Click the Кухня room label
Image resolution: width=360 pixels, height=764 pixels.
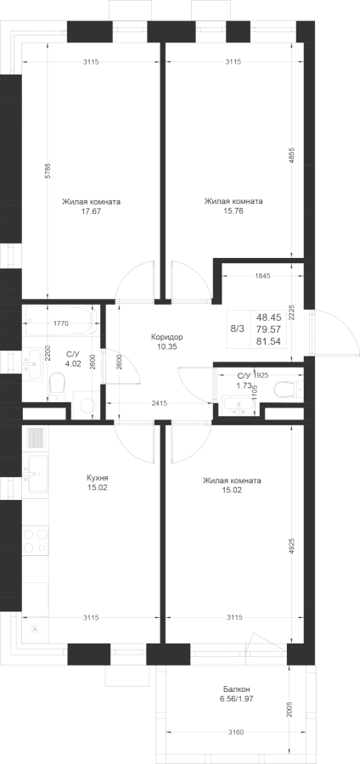[x=98, y=478]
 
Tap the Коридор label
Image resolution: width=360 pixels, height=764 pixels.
[x=166, y=337]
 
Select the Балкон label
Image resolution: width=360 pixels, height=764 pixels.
[x=237, y=689]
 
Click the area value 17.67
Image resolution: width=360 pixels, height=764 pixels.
[x=91, y=211]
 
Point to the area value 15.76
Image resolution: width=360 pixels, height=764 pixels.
[x=233, y=211]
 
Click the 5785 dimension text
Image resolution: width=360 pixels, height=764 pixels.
[x=48, y=171]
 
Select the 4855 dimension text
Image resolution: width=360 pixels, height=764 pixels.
[x=291, y=155]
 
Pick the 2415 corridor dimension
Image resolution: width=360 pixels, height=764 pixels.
[x=160, y=403]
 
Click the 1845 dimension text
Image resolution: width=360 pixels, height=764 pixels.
[x=262, y=276]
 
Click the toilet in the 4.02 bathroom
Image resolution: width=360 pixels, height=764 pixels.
[x=58, y=387]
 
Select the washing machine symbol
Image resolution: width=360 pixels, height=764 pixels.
[x=87, y=405]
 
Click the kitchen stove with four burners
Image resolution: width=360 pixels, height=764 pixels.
[x=36, y=541]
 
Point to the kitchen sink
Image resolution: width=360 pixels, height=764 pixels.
[x=35, y=473]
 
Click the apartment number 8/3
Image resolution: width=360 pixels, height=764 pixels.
[x=237, y=329]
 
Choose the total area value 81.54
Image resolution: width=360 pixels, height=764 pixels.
[x=272, y=341]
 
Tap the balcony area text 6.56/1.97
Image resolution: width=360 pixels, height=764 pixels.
[x=237, y=699]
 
